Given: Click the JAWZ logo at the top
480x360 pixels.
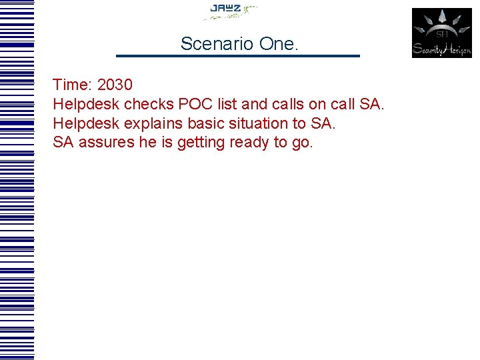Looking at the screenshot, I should [230, 11].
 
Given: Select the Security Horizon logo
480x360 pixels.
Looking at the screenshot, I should [441, 33].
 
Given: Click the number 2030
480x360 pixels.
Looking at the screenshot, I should [115, 85].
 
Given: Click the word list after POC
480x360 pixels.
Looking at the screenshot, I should [228, 105].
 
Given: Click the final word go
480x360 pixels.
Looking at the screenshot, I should [302, 143].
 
